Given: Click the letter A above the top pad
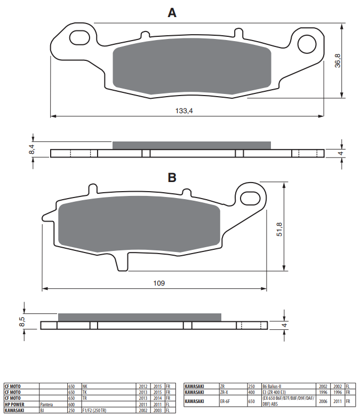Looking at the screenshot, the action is [172, 12].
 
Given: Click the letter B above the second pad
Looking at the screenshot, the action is [172, 178].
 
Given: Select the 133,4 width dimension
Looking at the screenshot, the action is [184, 111].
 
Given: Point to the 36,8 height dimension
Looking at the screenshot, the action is [338, 60].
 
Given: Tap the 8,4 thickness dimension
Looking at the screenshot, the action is [31, 149].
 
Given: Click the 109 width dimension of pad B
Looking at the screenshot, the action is [159, 283].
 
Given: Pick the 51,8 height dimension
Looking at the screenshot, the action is [279, 229].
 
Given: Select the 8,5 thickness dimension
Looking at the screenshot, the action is [22, 321].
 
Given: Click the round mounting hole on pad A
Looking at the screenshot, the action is [307, 44].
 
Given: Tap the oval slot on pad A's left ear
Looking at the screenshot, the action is [79, 37].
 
